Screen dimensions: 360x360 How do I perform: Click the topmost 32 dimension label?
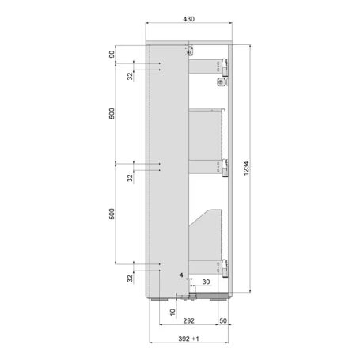pyautogui.click(x=129, y=75)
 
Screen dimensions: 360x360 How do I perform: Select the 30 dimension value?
pyautogui.click(x=206, y=282)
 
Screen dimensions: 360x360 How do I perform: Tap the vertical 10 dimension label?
pyautogui.click(x=173, y=313)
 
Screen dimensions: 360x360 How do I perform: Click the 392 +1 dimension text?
pyautogui.click(x=188, y=339)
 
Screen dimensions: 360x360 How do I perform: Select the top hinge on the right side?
pyautogui.click(x=225, y=66)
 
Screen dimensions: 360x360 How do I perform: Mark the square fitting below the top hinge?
pyautogui.click(x=218, y=80)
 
